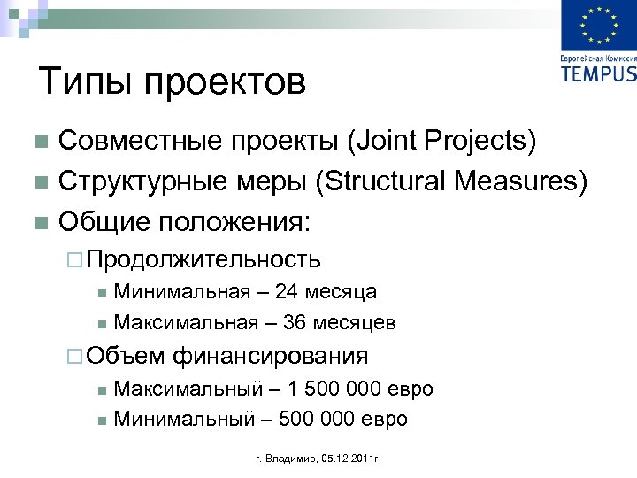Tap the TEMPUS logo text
tap(598, 73)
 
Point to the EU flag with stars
tap(598, 27)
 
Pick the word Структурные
tap(142, 181)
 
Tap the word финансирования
tap(271, 357)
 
